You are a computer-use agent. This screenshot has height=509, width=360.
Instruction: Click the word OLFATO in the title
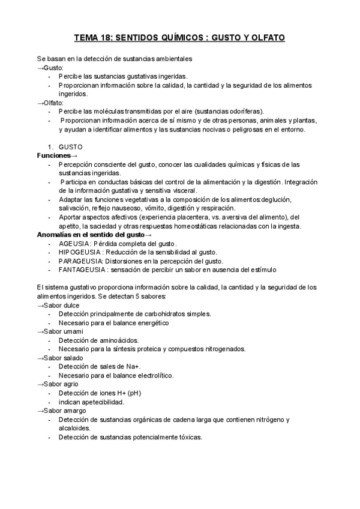pos(265,38)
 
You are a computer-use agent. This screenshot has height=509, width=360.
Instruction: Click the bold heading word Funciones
pos(54,155)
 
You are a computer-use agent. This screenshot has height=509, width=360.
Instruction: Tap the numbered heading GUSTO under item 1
pos(71,146)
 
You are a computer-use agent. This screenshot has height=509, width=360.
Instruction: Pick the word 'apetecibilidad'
pos(109,402)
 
